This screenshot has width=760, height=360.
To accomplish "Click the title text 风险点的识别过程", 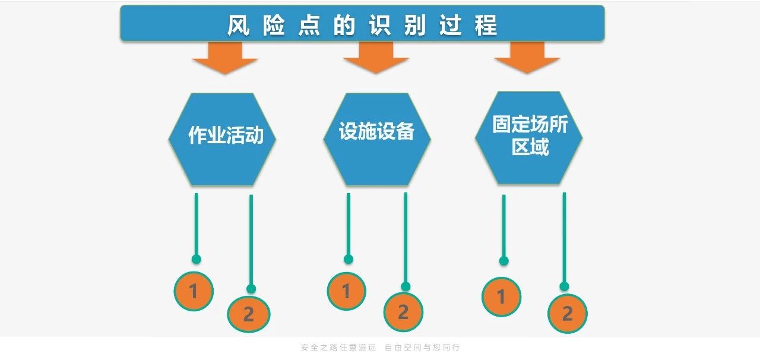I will click(362, 26).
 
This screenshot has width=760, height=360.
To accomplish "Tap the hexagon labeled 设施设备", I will click(376, 138).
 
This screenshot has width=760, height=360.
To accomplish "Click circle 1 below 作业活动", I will click(194, 291).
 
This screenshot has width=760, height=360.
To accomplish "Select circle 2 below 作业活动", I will click(249, 314).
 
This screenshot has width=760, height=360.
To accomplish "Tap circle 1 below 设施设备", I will click(347, 291).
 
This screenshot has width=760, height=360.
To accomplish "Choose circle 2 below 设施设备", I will click(403, 312).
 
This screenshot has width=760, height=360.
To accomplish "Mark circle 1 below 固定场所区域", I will click(501, 296).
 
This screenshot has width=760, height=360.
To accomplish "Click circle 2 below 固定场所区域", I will click(567, 313).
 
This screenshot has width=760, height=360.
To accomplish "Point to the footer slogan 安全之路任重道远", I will click(338, 348).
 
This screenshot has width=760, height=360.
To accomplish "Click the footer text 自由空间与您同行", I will click(422, 348).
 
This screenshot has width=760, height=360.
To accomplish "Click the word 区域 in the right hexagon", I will click(530, 147).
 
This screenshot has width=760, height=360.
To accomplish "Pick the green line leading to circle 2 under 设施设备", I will click(406, 238).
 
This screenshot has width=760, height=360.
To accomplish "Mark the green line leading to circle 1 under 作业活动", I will click(196, 226).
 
